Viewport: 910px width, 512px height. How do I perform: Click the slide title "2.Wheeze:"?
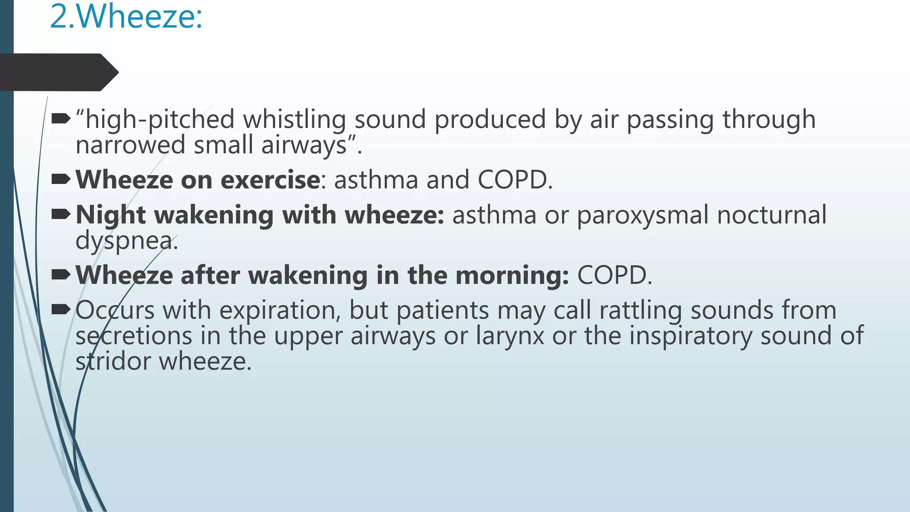[126, 17]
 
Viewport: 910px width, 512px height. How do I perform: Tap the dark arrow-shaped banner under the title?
[58, 72]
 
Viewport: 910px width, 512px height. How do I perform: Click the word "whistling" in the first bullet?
[294, 120]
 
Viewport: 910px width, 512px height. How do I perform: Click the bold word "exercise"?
[270, 180]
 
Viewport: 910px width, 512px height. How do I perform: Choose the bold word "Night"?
[111, 216]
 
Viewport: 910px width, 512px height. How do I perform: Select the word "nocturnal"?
[772, 215]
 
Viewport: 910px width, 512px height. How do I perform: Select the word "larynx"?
[510, 336]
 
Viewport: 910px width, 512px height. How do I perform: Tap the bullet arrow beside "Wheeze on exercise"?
[61, 179]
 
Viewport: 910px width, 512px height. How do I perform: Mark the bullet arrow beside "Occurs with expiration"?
[61, 309]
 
